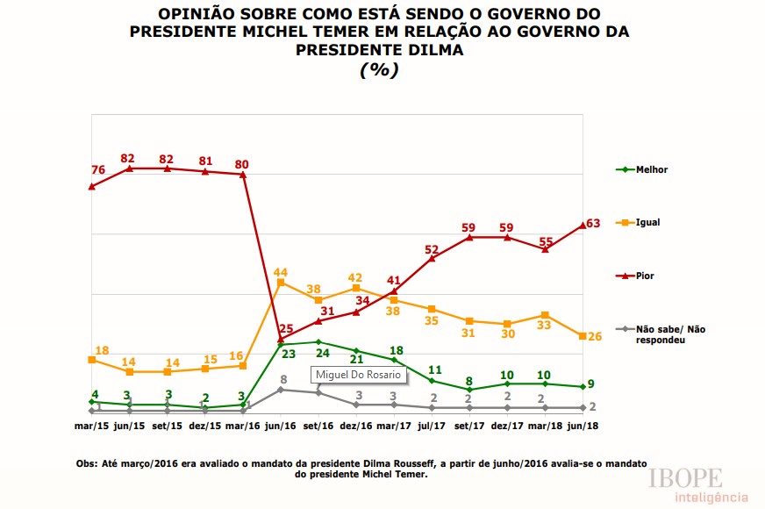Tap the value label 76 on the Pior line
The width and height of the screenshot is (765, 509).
97,171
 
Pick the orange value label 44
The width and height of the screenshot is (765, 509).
281,272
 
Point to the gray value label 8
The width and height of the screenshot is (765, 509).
283,380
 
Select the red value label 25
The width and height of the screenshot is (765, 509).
285,327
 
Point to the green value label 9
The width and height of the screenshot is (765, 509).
593,384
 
